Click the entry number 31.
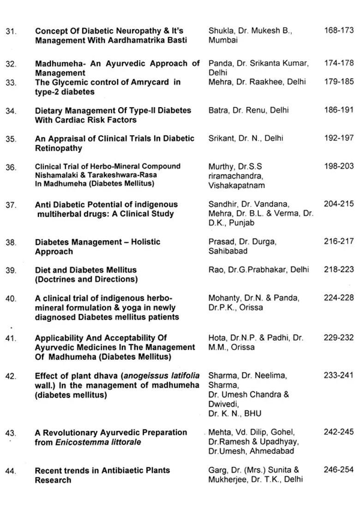11,31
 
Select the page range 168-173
339,30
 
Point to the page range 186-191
339,110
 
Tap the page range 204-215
339,204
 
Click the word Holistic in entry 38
145,242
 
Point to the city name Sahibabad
228,251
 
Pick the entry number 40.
11,298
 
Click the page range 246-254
339,469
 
